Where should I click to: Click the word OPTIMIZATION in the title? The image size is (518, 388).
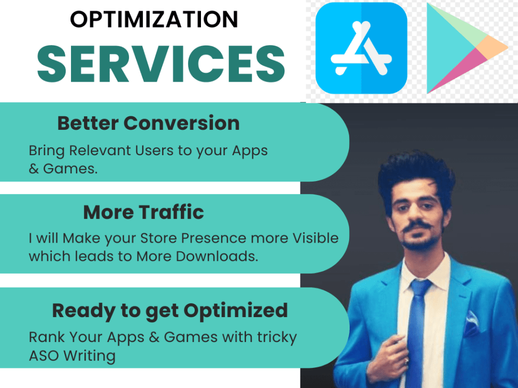click(154, 20)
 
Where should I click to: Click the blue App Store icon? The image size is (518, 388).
click(361, 48)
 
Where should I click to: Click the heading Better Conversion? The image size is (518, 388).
click(148, 124)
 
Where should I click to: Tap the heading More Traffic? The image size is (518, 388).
click(143, 212)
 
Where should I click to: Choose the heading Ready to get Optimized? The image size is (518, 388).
click(169, 310)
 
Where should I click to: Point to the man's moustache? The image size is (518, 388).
click(417, 226)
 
